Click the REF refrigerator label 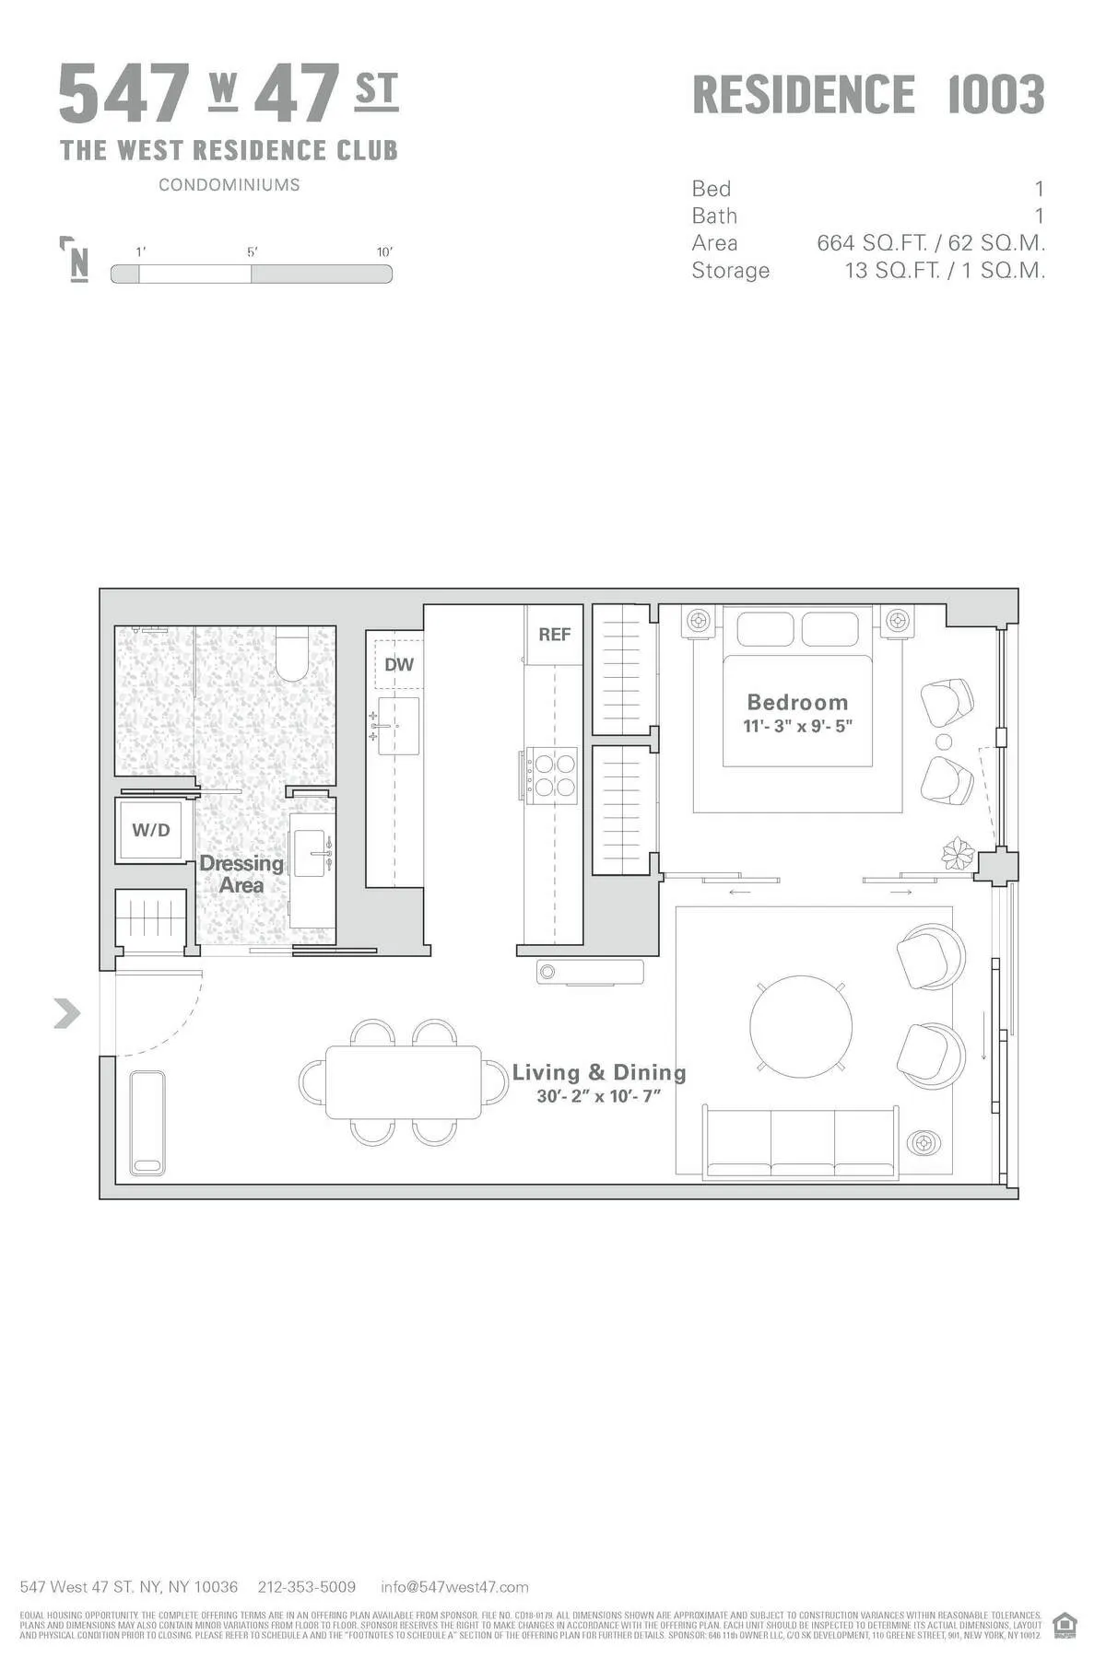coord(555,635)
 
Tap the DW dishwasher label coord(398,664)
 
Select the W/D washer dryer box coord(151,830)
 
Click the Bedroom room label coord(797,702)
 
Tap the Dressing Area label coord(241,874)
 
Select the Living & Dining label coord(599,1072)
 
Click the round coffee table coord(800,1026)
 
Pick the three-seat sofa coord(800,1142)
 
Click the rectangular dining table coord(404,1082)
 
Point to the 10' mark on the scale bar coord(384,252)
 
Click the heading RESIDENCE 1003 coord(867,95)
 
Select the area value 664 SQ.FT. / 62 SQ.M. coord(931,243)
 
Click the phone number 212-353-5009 coord(307,1587)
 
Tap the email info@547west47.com coord(454,1587)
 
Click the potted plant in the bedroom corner coord(958,854)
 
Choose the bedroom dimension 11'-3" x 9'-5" coord(797,726)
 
